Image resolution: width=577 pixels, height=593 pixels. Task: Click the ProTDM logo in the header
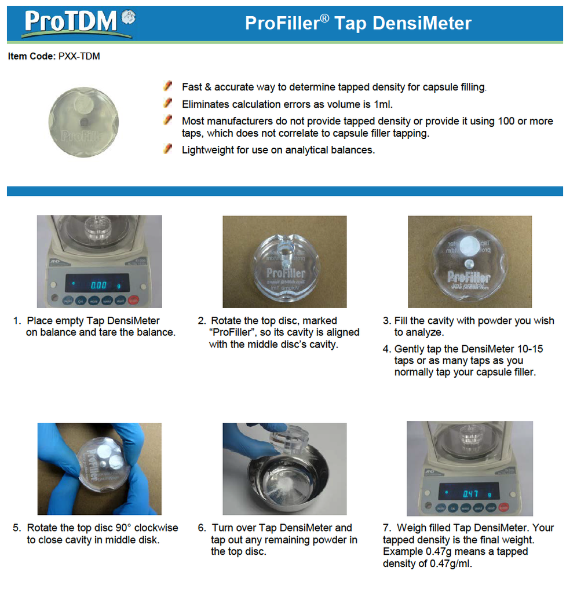78,23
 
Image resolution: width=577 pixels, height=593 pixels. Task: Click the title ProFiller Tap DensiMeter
358,23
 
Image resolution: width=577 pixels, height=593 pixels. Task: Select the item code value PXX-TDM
79,56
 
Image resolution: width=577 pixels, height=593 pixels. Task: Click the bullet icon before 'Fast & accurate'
168,86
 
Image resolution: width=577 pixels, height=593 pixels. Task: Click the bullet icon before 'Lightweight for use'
168,149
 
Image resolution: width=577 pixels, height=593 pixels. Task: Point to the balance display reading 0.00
99,285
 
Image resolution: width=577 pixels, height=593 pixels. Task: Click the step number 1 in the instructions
17,321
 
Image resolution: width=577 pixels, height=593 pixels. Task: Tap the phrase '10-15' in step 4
530,349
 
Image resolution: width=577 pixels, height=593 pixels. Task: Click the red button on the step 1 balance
134,300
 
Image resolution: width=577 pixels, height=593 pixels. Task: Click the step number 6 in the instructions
202,528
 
